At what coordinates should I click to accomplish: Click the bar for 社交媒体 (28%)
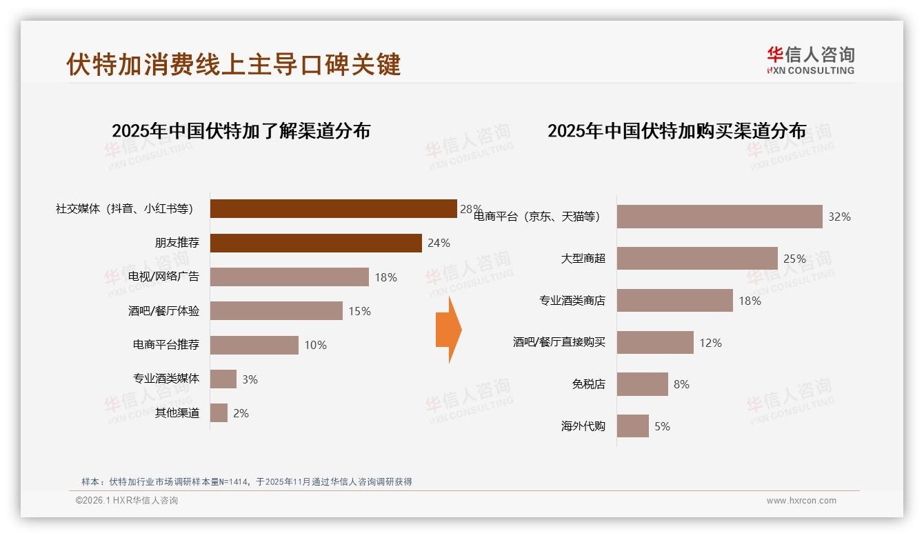[x=333, y=208]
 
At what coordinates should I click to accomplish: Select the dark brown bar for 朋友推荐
[x=316, y=243]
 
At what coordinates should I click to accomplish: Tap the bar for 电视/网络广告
[x=289, y=277]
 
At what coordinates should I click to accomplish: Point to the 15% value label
[x=359, y=311]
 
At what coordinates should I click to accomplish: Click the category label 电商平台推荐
[x=166, y=345]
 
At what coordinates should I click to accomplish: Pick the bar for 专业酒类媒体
[x=223, y=379]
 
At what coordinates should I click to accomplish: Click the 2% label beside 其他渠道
[x=241, y=413]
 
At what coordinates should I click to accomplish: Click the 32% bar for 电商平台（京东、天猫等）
[x=719, y=217]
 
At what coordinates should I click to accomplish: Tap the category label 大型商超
[x=583, y=259]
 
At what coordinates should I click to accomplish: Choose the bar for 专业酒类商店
[x=674, y=301]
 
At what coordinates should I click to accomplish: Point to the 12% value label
[x=710, y=343]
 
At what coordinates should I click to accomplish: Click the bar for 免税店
[x=642, y=384]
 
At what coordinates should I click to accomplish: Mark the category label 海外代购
[x=583, y=426]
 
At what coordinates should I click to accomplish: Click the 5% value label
[x=662, y=426]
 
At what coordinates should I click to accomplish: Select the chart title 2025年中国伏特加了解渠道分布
[x=241, y=130]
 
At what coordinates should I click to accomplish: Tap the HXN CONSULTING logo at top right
[x=810, y=61]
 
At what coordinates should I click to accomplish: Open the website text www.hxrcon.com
[x=801, y=501]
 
